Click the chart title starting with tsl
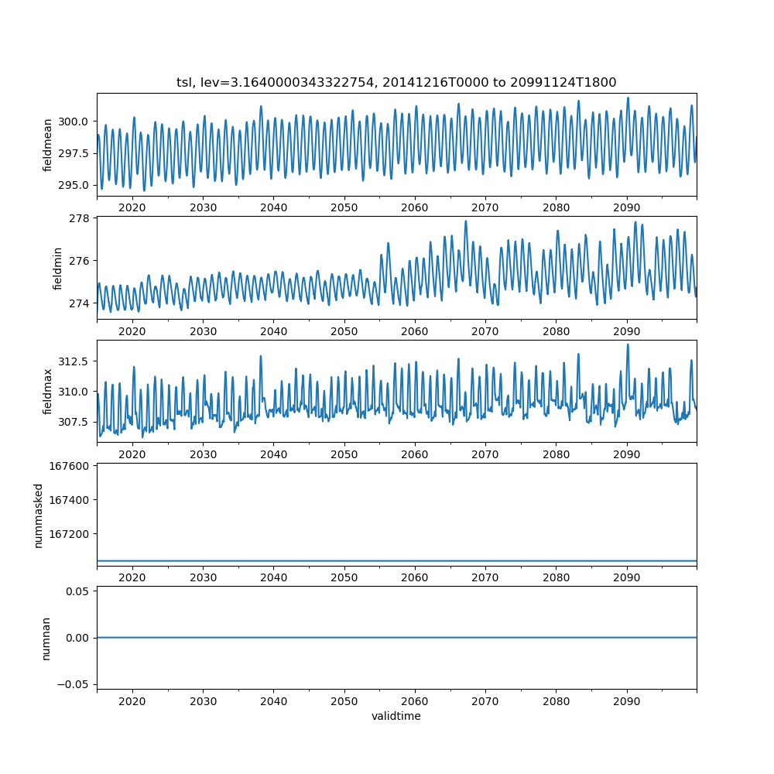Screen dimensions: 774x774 [396, 83]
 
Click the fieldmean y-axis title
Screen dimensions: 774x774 [48, 145]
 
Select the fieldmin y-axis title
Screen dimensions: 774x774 [58, 268]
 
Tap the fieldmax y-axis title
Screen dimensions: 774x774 [48, 392]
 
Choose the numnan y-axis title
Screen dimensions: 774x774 [46, 638]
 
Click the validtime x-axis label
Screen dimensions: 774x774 [396, 716]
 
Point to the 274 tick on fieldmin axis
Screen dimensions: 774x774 [82, 303]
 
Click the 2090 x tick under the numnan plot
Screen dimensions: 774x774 [626, 700]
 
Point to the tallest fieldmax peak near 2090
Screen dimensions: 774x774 [628, 344]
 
